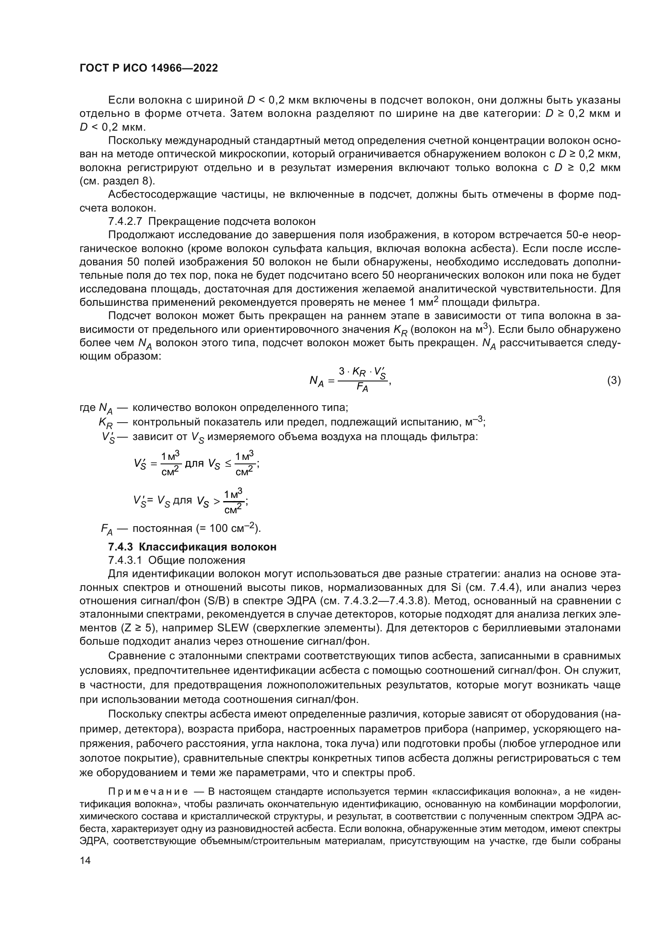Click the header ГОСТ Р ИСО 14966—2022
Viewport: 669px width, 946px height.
tap(148, 68)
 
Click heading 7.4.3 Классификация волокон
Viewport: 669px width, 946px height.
tap(192, 547)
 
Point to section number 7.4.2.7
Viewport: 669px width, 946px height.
tap(125, 221)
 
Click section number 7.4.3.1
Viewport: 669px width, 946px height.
tap(125, 560)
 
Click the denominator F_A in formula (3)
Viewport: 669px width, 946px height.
tap(362, 388)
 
